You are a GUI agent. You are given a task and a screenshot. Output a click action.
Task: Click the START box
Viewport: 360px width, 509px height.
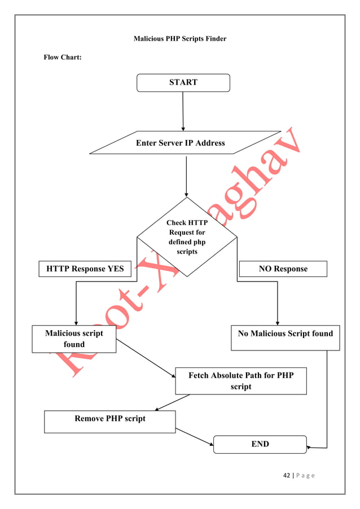(x=183, y=82)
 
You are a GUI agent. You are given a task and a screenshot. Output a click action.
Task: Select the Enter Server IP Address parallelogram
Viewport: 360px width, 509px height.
(x=181, y=143)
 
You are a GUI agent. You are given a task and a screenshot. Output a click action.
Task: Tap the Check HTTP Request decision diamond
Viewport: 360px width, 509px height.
(x=187, y=237)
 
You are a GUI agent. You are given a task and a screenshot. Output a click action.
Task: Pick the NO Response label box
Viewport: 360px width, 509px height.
(x=283, y=269)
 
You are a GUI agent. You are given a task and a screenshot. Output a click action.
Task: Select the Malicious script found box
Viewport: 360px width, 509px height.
(x=74, y=339)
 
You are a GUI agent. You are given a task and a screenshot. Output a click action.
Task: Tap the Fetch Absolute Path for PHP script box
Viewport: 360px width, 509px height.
(x=240, y=381)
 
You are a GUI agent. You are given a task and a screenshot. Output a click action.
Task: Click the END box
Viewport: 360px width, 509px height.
(x=260, y=444)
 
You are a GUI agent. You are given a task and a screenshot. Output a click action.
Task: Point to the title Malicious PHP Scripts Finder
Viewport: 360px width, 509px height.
(x=179, y=39)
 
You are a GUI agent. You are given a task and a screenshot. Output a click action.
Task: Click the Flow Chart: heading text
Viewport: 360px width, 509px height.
(x=63, y=58)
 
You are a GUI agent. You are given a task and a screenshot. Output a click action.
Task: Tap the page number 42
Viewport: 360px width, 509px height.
(x=286, y=475)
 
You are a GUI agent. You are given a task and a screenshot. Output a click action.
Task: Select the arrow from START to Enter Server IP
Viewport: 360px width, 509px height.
(x=183, y=111)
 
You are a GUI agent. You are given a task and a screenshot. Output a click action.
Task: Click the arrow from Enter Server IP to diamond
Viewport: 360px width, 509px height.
(x=186, y=176)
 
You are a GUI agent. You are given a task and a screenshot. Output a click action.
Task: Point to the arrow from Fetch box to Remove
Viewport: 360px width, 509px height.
(x=172, y=402)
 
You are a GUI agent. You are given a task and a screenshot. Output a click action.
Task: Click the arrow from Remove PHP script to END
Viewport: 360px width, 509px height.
(x=195, y=436)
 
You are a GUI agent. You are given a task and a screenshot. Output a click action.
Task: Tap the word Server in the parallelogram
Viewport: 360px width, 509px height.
(x=171, y=143)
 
